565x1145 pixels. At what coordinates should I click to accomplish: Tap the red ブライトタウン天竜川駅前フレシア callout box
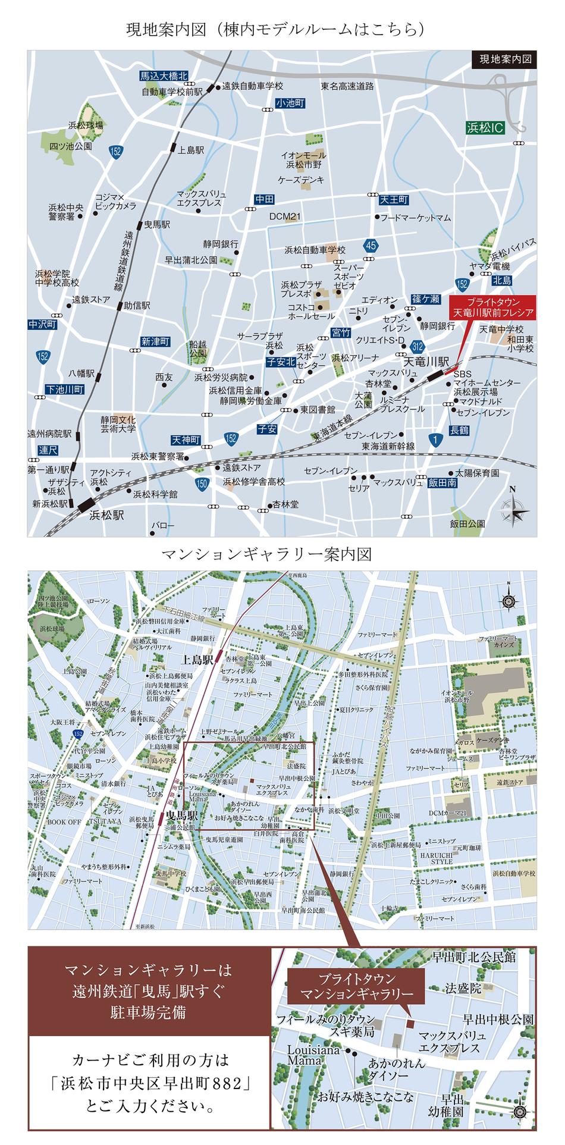click(491, 306)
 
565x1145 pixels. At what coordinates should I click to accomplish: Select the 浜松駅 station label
click(106, 515)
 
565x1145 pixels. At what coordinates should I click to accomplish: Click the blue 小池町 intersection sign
click(290, 103)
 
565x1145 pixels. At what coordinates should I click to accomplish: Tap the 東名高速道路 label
click(347, 86)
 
